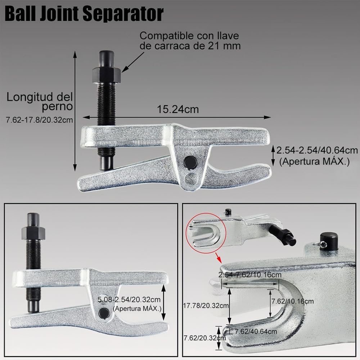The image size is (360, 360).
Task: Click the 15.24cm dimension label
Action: click(177, 109)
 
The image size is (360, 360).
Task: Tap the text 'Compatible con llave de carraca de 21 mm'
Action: click(190, 41)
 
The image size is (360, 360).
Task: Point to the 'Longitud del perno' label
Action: click(40, 101)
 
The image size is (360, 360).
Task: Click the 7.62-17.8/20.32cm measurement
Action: click(40, 120)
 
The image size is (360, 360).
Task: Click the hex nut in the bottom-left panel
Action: click(34, 233)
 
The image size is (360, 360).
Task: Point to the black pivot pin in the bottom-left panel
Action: click(104, 312)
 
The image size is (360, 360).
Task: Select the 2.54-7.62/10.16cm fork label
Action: click(249, 275)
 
